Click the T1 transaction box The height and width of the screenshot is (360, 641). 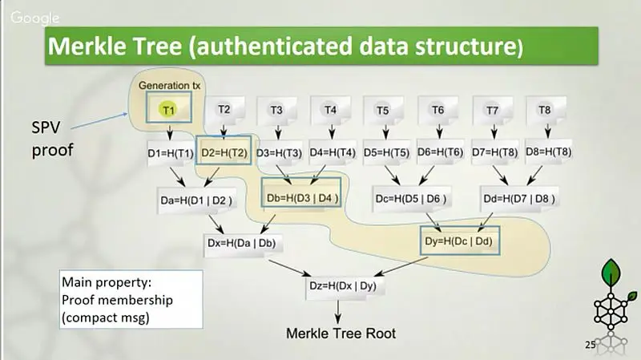pos(168,111)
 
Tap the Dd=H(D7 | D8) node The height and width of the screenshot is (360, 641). pos(519,199)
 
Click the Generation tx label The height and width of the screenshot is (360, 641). pos(167,86)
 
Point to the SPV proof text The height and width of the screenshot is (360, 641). pos(50,138)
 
